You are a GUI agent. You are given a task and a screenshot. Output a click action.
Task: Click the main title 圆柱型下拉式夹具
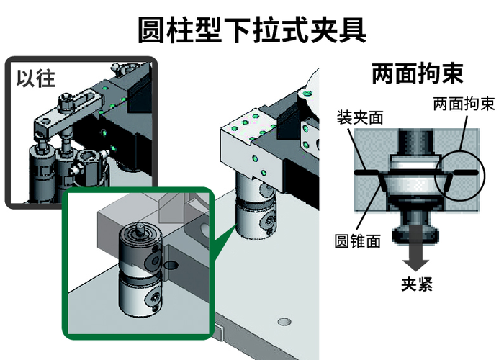(x=252, y=30)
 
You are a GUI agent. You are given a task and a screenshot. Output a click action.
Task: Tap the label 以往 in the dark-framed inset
(x=36, y=78)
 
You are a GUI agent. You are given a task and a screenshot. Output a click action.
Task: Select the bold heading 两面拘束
(x=418, y=73)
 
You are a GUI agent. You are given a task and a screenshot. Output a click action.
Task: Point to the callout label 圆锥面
(x=357, y=240)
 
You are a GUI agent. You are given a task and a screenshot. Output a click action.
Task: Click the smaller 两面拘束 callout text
(x=464, y=104)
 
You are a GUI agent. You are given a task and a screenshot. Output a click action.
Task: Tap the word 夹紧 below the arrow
(x=417, y=284)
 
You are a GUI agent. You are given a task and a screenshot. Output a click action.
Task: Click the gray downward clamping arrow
(x=417, y=248)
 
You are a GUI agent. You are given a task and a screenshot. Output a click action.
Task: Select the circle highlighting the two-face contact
(x=459, y=176)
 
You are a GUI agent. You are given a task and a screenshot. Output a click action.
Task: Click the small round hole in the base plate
(x=284, y=321)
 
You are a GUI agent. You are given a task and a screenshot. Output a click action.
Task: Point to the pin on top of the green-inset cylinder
(x=140, y=228)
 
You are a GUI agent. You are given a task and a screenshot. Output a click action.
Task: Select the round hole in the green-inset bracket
(x=171, y=265)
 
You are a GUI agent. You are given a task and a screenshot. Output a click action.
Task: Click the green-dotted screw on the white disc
(x=307, y=94)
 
